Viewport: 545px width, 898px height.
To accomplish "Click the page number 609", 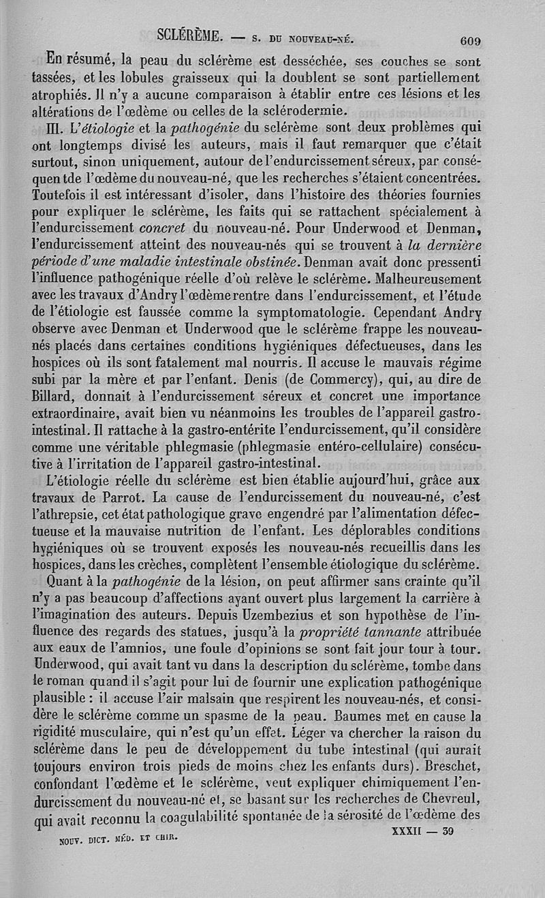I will pyautogui.click(x=469, y=40).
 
